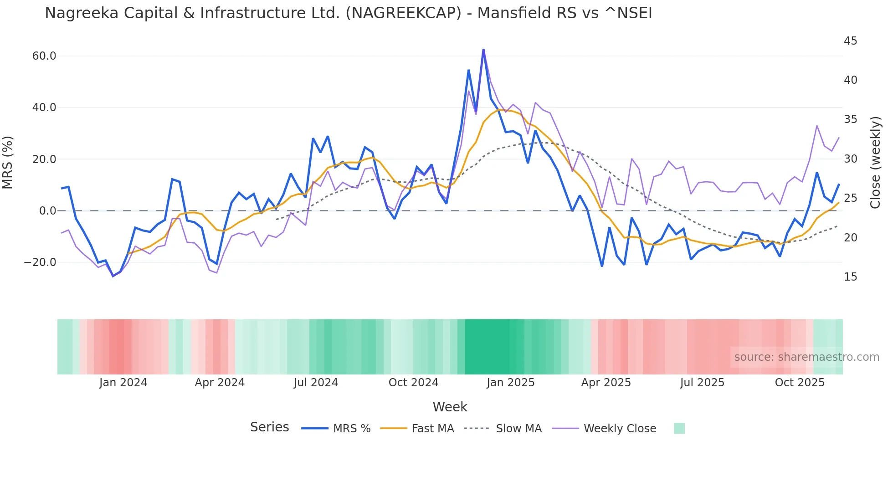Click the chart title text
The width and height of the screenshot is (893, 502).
[349, 13]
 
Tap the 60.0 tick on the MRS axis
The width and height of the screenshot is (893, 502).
[44, 56]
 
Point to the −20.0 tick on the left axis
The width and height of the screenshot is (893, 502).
[40, 262]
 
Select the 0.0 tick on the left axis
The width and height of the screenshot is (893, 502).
[47, 211]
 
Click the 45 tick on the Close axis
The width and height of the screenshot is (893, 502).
[850, 41]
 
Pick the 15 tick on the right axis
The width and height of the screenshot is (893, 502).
[850, 277]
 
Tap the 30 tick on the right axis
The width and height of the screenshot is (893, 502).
[850, 159]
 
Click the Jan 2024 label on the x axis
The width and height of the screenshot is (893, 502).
[123, 383]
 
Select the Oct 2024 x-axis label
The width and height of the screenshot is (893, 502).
[413, 383]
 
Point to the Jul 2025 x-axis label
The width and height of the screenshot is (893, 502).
[702, 383]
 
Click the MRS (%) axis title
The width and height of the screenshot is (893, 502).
[8, 162]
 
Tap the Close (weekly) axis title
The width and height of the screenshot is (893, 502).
[875, 162]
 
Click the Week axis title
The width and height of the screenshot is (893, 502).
[450, 407]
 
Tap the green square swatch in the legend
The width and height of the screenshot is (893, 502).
[679, 428]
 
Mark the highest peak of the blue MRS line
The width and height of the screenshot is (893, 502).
[483, 50]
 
